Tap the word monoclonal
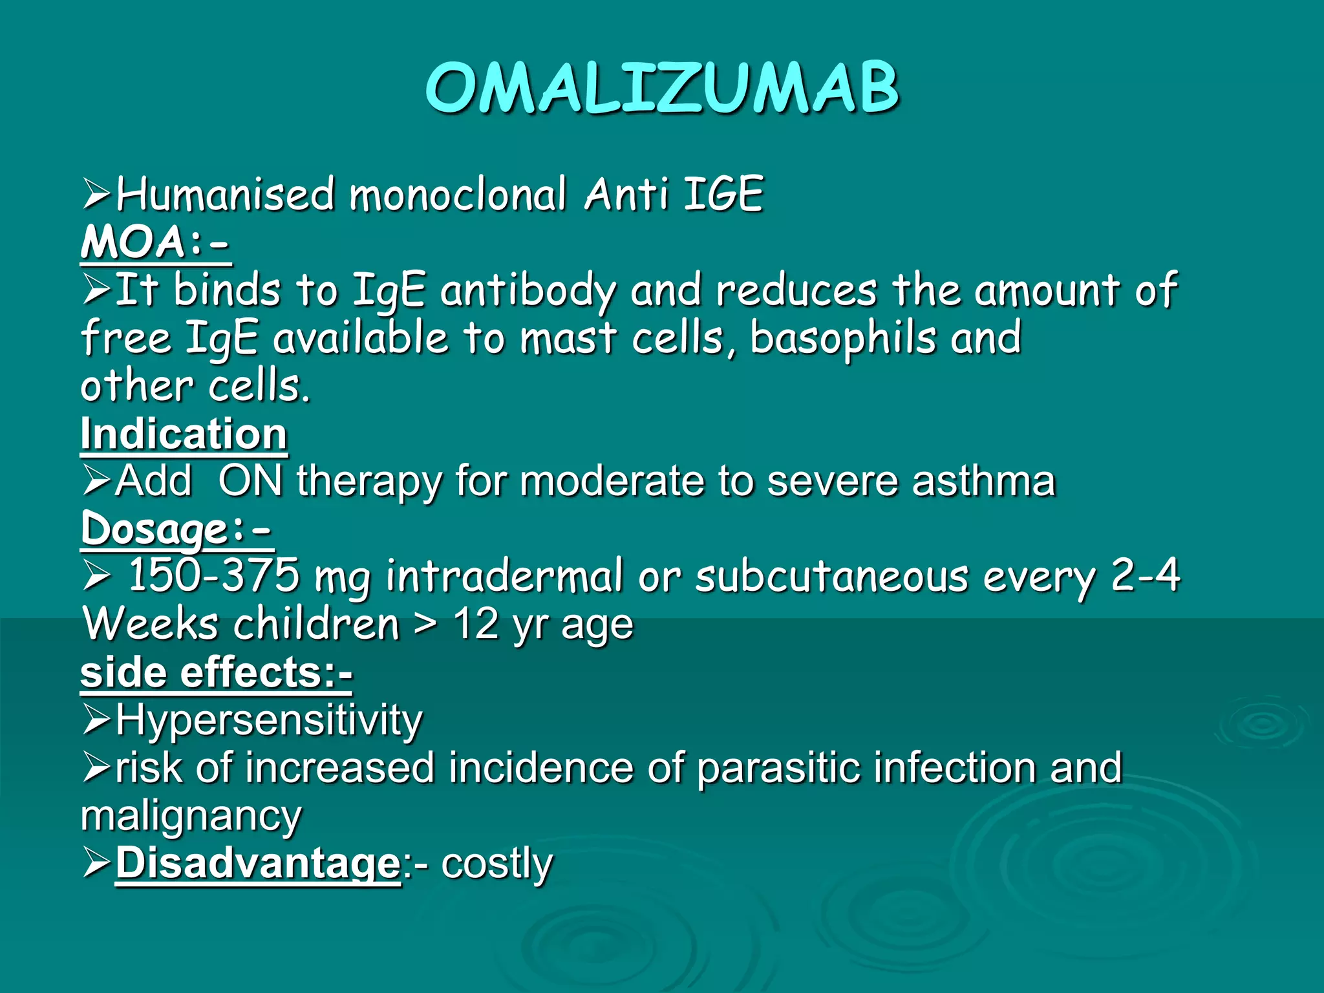point(458,194)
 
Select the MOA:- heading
point(155,242)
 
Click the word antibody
point(528,291)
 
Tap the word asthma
point(983,481)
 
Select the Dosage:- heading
point(176,529)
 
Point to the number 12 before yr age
point(476,624)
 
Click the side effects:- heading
point(217,672)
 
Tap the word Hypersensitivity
point(269,720)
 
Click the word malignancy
point(191,816)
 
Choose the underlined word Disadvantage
point(259,863)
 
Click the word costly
point(497,863)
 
